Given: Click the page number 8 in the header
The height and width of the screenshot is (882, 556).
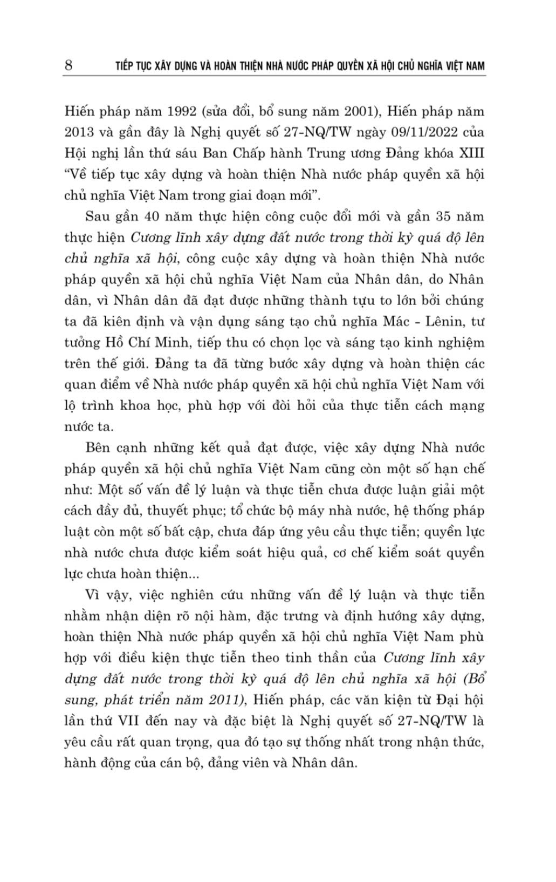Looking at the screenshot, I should click(x=68, y=66).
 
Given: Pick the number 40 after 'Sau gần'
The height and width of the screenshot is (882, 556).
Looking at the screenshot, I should click(x=154, y=217).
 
